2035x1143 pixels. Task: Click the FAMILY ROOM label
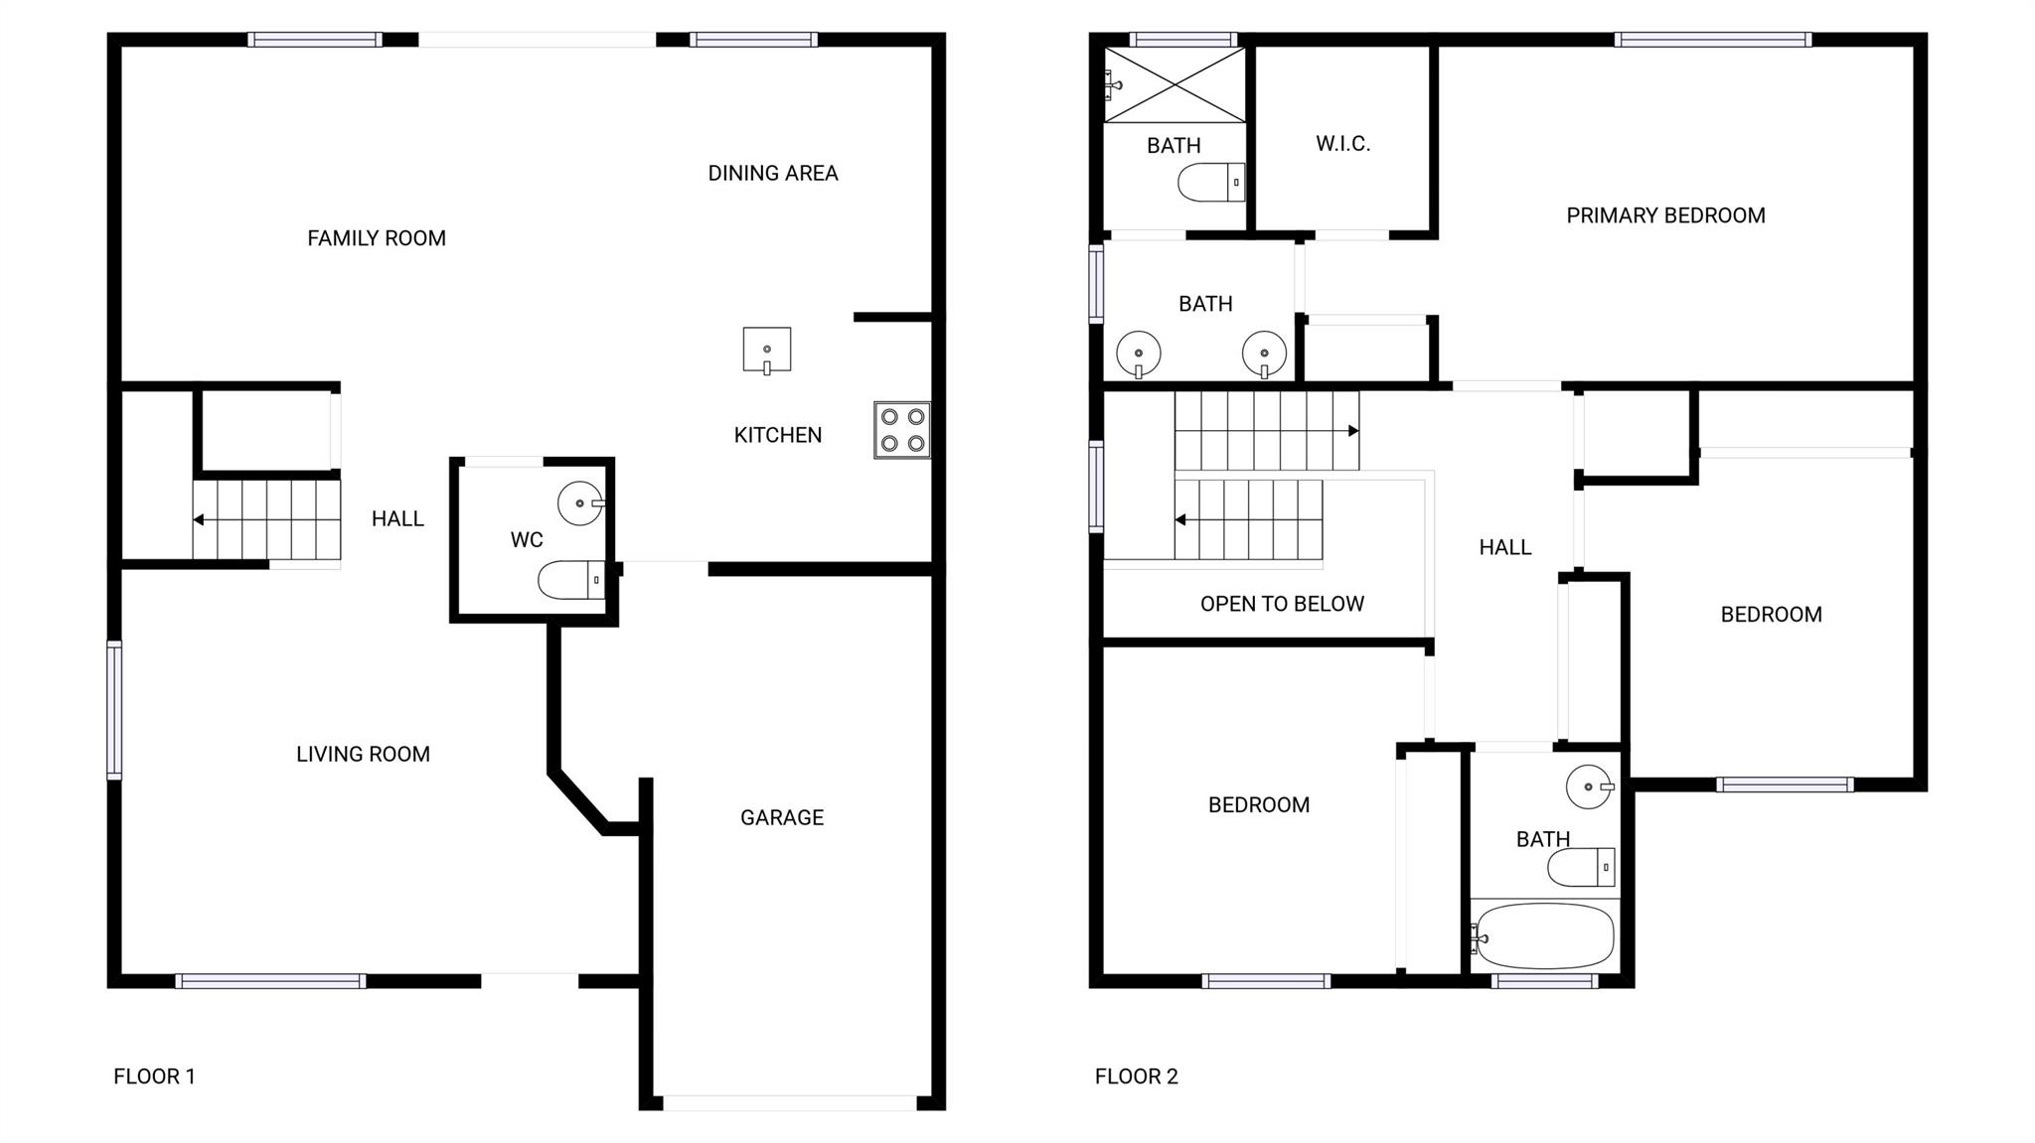[377, 238]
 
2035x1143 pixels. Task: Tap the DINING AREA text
[773, 173]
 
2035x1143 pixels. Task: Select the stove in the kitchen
[902, 430]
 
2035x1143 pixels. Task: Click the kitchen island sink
[767, 351]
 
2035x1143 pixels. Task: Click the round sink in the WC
[581, 503]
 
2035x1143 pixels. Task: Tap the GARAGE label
[782, 817]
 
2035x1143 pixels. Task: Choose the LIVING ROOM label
[363, 754]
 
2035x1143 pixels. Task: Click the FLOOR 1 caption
[154, 1076]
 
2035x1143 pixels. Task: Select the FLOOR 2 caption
[1136, 1076]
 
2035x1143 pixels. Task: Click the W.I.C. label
[1343, 144]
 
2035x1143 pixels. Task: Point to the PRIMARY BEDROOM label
[1665, 215]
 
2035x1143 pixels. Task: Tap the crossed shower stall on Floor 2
[1174, 85]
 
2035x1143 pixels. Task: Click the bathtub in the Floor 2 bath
[1544, 936]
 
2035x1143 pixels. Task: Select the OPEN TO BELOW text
[1282, 604]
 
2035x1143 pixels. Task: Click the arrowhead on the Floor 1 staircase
[199, 519]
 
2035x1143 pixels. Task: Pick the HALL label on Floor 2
[1504, 547]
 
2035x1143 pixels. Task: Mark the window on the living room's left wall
[114, 710]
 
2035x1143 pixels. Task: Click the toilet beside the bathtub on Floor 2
[1581, 867]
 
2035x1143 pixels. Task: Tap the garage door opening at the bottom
[790, 1102]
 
